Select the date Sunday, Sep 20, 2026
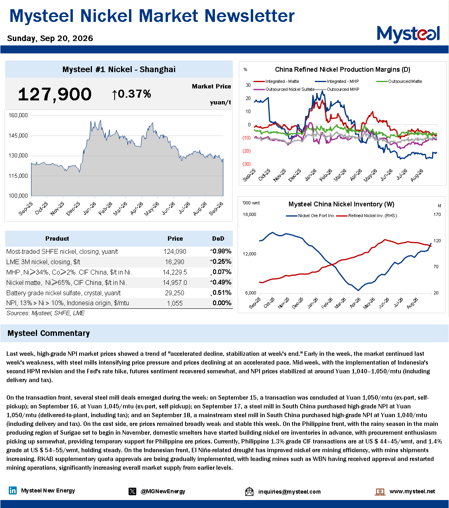50,38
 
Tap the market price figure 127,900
55,94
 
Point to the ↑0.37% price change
131,94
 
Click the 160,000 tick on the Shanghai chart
18,115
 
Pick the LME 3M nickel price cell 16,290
175,262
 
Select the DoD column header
218,238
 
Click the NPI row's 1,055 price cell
175,303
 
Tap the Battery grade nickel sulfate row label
63,293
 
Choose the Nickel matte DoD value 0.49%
221,282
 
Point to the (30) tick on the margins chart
246,164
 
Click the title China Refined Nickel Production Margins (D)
342,69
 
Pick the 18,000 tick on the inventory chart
249,214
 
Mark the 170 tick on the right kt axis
437,214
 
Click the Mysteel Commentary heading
49,333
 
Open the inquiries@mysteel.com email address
289,492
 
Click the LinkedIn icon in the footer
13,491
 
